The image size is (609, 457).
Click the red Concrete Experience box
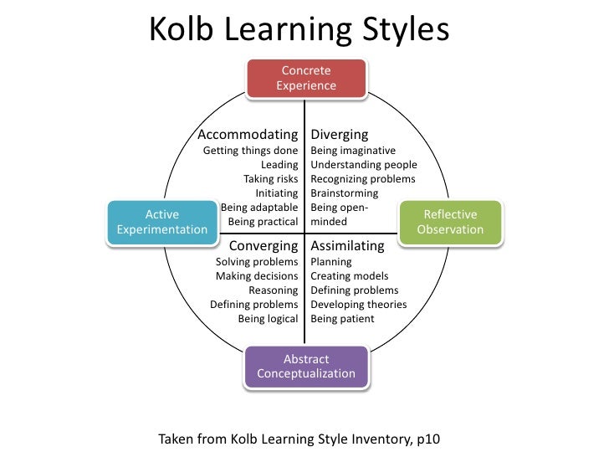(305, 78)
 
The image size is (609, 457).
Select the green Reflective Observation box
(450, 222)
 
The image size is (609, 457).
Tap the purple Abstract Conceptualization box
(305, 367)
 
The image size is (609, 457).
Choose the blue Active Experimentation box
(161, 222)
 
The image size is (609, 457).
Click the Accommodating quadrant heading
(247, 135)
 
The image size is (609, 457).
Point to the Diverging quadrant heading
(339, 135)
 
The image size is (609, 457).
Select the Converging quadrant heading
(264, 246)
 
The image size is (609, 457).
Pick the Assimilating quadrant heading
(347, 246)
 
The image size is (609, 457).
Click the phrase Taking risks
(270, 179)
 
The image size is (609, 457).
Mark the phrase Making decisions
(257, 276)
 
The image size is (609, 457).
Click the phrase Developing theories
(358, 305)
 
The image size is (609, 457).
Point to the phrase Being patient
(342, 319)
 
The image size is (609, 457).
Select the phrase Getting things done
(251, 151)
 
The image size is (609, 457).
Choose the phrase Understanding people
(363, 165)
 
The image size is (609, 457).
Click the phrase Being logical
(268, 319)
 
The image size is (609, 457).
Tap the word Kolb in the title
(180, 31)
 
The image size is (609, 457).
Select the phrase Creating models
(349, 276)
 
